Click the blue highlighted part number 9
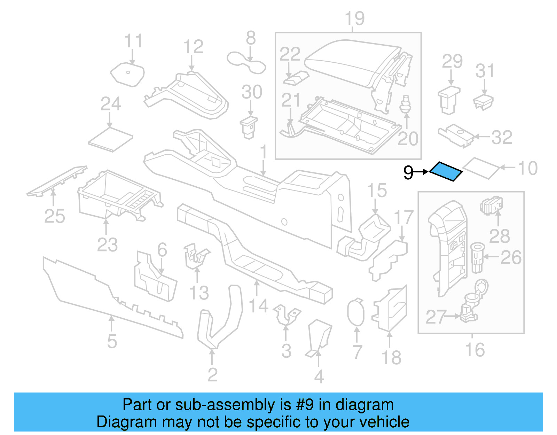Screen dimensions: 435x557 [446, 171]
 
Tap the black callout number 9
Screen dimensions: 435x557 [408, 172]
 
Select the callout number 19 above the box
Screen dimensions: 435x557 [354, 18]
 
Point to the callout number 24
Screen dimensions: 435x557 [111, 104]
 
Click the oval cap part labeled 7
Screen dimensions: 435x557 [355, 312]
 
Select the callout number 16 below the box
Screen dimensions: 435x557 [475, 350]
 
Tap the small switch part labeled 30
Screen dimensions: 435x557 [249, 127]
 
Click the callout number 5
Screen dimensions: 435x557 [112, 341]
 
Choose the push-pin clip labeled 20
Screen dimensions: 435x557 [405, 104]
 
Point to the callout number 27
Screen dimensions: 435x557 [436, 317]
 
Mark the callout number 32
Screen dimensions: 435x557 [502, 137]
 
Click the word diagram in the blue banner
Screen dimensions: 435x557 [364, 405]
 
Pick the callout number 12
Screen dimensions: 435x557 [193, 47]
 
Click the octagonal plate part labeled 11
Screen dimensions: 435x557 [127, 75]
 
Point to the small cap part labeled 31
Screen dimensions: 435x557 [483, 101]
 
